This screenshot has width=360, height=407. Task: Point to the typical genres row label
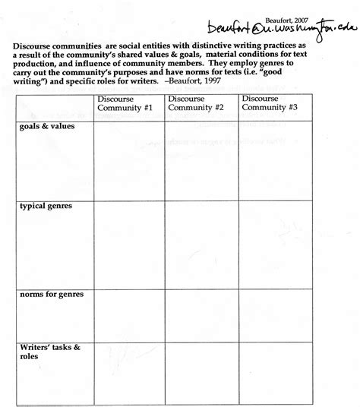point(47,207)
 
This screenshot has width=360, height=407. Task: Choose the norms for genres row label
point(50,294)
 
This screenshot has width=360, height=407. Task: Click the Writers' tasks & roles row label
point(47,352)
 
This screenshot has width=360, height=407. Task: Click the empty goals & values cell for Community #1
point(129,159)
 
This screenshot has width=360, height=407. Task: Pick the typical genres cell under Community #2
point(201,243)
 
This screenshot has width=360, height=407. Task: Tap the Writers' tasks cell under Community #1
point(129,372)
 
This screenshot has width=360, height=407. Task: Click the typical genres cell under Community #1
point(129,243)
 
